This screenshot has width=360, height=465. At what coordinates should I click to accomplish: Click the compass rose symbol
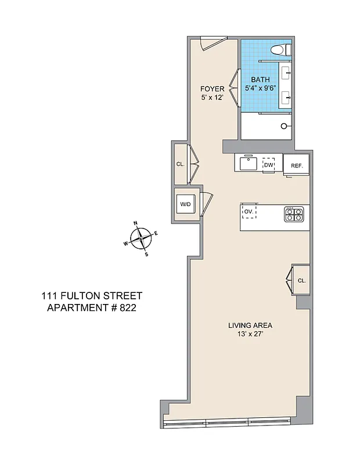[141, 238]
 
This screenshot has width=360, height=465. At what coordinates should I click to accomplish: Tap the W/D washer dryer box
[185, 205]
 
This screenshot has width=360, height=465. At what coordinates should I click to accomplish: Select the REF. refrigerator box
[297, 166]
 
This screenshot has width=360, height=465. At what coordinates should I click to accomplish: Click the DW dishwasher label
[268, 165]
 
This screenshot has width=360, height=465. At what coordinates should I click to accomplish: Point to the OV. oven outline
[249, 212]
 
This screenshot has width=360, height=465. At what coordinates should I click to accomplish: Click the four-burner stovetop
[293, 214]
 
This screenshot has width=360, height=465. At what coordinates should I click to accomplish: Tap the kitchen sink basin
[248, 163]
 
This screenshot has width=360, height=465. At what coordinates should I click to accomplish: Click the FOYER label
[212, 88]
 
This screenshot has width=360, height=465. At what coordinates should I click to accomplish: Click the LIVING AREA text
[250, 325]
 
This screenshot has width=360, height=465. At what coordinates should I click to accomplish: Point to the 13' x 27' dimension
[250, 334]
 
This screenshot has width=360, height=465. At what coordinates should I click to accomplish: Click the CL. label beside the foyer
[180, 164]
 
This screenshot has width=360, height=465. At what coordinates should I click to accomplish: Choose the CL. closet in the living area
[301, 280]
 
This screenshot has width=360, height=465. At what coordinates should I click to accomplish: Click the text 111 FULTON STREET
[92, 296]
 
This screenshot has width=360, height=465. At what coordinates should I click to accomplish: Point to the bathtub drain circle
[284, 126]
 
